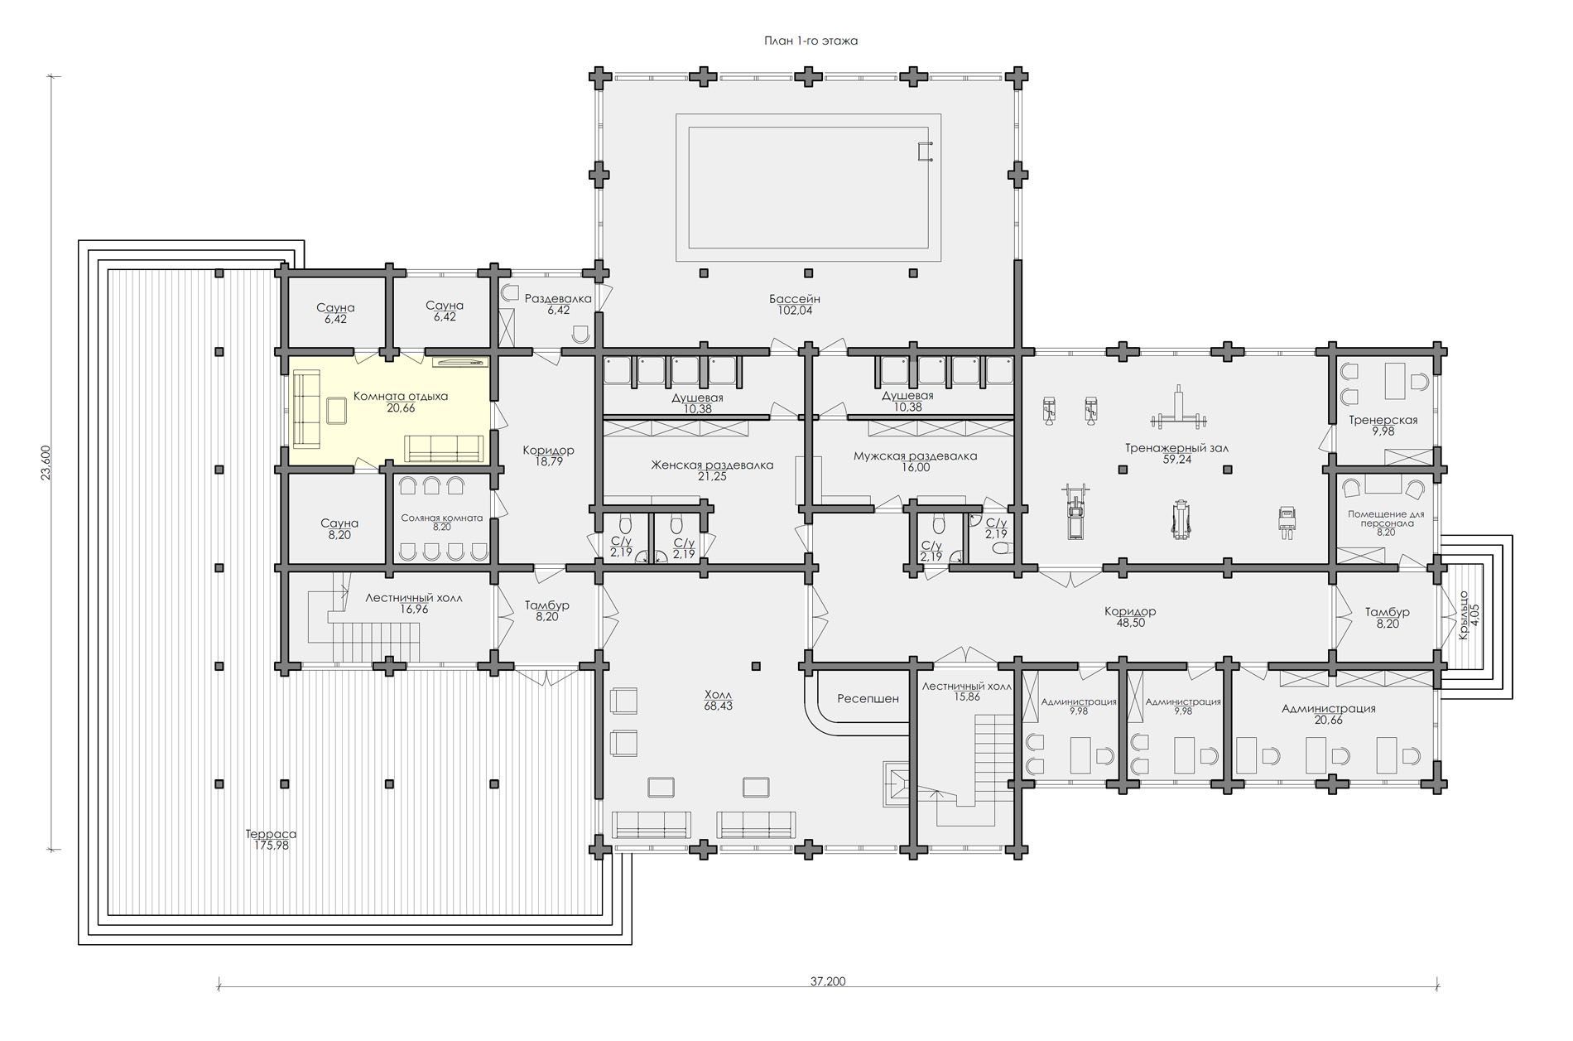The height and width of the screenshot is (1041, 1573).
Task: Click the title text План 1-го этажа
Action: coord(811,41)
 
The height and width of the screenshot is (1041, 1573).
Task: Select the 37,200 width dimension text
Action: coord(828,981)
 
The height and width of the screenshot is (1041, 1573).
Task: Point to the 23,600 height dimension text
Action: coord(46,462)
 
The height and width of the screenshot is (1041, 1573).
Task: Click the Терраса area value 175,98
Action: coord(272,846)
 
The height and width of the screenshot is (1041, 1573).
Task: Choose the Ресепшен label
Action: coord(868,699)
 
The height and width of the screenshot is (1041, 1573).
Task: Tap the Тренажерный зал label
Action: coord(1176,448)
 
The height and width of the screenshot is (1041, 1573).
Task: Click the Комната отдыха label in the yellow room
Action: coord(401,397)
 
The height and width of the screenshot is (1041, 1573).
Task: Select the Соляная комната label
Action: coord(441,518)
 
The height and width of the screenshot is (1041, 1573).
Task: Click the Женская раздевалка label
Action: coord(712,465)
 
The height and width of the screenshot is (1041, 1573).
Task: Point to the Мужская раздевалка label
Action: coord(915,456)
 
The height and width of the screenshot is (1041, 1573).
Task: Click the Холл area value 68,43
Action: coord(718,706)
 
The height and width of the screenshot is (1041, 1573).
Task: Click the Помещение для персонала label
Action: coord(1386,518)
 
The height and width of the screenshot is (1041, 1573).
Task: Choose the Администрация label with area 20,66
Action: coord(1329,709)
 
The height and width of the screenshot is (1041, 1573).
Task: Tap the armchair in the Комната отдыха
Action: coord(337,410)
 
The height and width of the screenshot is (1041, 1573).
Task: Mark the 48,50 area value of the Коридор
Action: coord(1130,623)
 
